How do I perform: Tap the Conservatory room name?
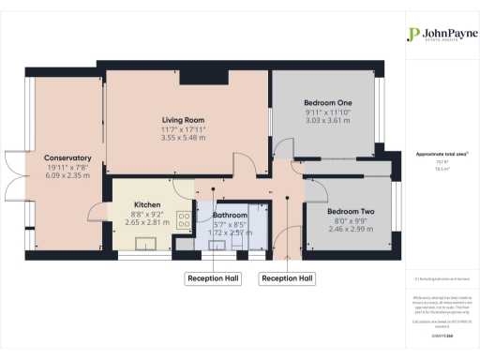click(67, 157)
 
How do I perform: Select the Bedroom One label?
click(327, 101)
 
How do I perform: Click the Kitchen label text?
click(147, 204)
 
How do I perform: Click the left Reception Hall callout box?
click(214, 277)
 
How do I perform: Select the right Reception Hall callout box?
click(287, 277)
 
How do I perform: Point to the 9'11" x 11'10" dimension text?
click(327, 111)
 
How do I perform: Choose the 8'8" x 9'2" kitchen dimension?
click(147, 214)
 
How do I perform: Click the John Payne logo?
click(435, 36)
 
